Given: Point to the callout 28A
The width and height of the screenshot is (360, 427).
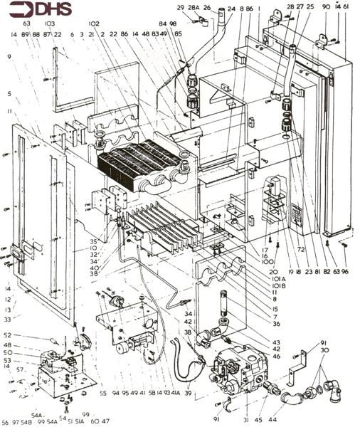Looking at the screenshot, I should point(194,8).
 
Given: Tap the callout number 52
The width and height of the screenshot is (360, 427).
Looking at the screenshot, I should point(7,334).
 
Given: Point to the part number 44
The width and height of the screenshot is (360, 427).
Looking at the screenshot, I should point(272,421).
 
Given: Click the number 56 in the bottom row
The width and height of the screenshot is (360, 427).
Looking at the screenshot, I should point(6,422).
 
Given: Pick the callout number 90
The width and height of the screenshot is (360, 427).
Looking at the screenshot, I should point(325,8).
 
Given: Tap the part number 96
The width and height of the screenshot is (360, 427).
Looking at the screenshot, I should point(345,271).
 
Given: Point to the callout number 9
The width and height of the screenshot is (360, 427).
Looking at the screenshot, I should point(10,56).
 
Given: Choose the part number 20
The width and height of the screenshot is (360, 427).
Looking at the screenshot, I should point(275,271).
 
